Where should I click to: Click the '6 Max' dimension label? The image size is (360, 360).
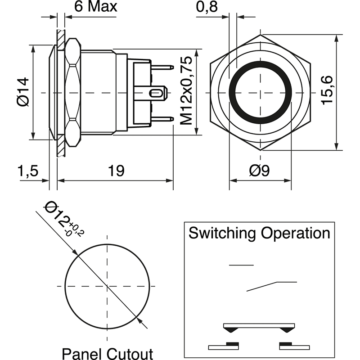[x=95, y=7]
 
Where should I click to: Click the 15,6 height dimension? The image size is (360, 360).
[x=327, y=90]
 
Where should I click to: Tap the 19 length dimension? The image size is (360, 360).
[x=116, y=171]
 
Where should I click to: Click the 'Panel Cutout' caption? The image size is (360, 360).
[x=107, y=353]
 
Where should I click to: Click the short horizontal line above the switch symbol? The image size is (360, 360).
[x=241, y=265]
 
